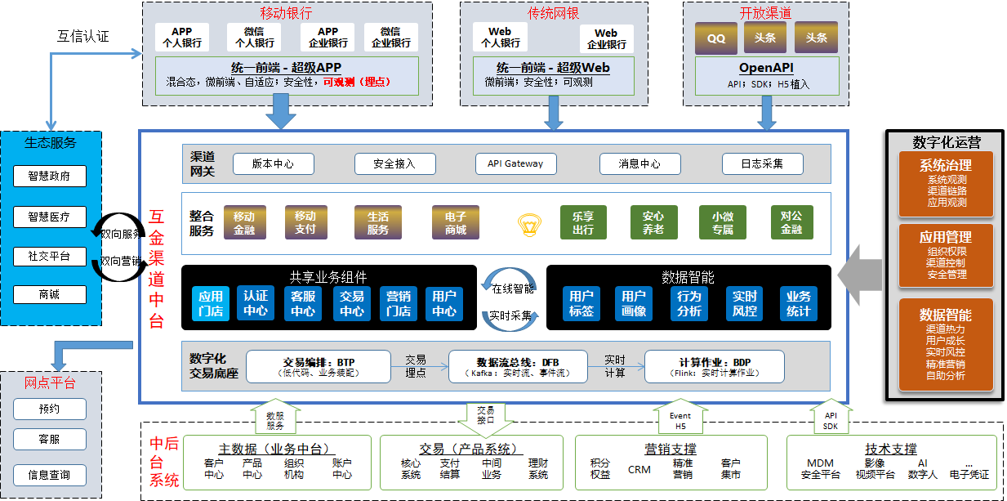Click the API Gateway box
click(x=515, y=163)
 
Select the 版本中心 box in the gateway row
click(x=273, y=163)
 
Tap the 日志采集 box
click(x=762, y=163)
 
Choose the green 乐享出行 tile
click(x=582, y=223)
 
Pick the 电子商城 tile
click(x=456, y=223)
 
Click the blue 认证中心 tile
click(x=255, y=303)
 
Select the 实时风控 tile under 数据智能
click(x=744, y=303)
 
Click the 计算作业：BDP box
click(x=714, y=366)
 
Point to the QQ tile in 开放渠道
click(x=716, y=38)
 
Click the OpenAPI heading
click(x=766, y=69)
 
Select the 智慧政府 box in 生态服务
click(x=49, y=176)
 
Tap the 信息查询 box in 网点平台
click(x=49, y=475)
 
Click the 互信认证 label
click(x=82, y=37)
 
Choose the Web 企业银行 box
click(x=606, y=38)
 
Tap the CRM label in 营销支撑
click(x=639, y=469)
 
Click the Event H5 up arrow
click(x=680, y=418)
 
